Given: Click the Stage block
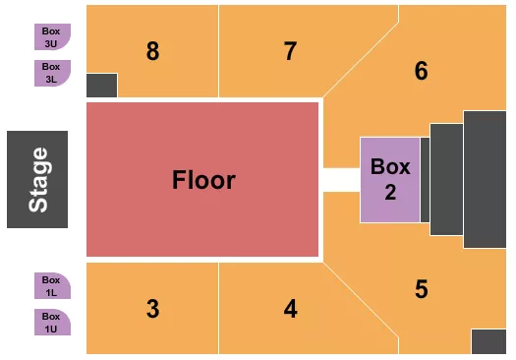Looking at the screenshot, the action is tap(37, 179).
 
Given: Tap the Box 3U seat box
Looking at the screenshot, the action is tap(51, 36).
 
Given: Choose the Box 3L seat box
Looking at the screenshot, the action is tap(51, 72).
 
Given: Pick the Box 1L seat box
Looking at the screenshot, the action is tap(51, 285).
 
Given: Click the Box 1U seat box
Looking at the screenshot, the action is tap(51, 322).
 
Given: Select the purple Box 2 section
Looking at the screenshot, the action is tap(389, 179).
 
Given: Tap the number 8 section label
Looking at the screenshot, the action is tap(152, 51).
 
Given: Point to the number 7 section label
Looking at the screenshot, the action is tap(290, 51).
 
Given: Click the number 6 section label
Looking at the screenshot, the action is tap(422, 71).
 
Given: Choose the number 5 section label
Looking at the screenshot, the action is tap(422, 289).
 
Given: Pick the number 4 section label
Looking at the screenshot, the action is tap(290, 308).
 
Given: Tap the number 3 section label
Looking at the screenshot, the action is tap(152, 308).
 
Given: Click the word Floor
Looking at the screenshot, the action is tap(203, 180).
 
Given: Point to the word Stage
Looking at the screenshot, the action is tap(38, 179).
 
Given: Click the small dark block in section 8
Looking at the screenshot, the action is tap(101, 86).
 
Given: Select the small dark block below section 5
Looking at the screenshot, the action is tap(488, 340).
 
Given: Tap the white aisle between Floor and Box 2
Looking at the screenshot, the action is tap(341, 179).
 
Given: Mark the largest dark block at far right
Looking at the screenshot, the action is tap(485, 179).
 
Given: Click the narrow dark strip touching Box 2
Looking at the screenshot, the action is tap(425, 179).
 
